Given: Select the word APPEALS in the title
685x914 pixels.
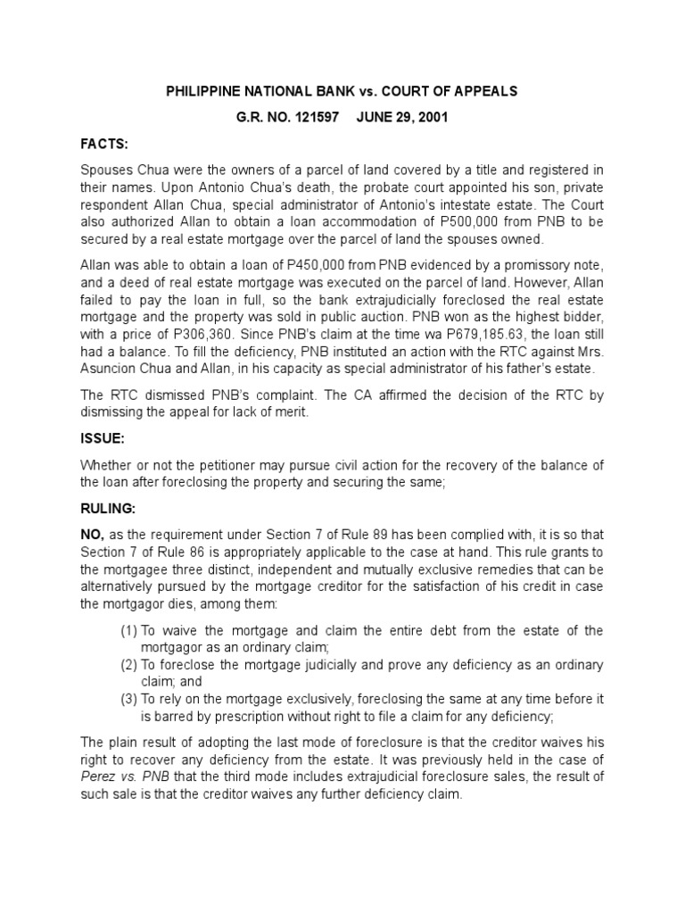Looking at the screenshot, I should click(x=482, y=92).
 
